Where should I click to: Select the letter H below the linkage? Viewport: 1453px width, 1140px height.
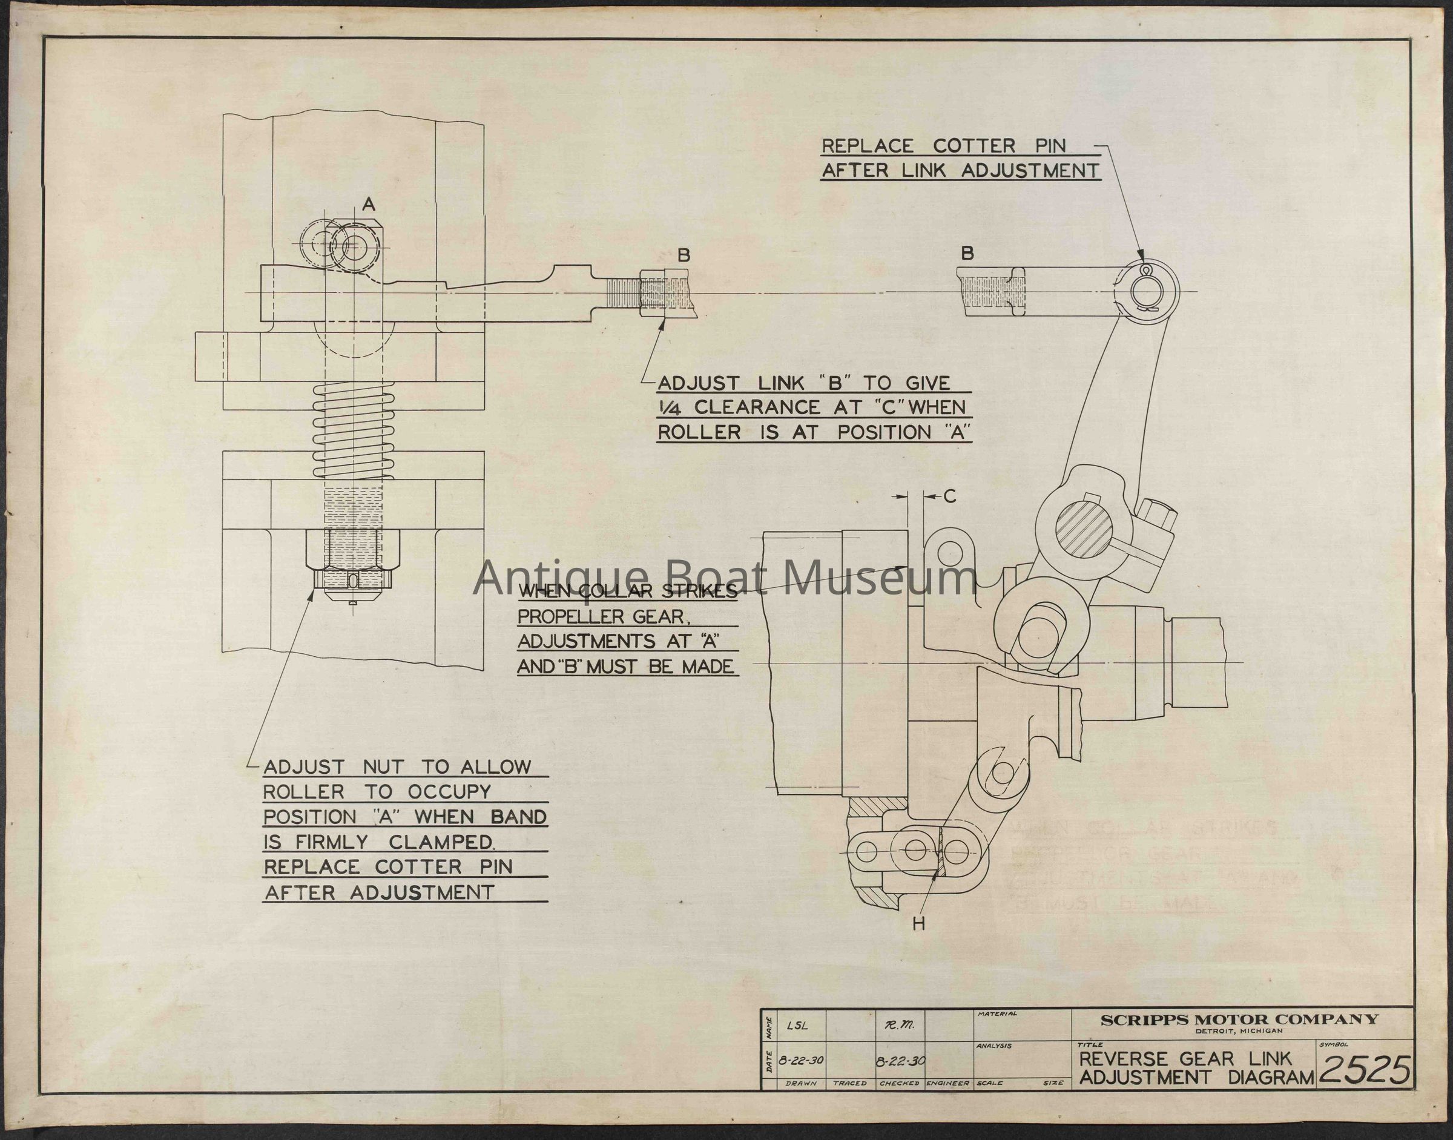[919, 924]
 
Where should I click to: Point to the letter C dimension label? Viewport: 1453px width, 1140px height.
[950, 496]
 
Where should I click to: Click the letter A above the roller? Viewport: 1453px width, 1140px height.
[369, 206]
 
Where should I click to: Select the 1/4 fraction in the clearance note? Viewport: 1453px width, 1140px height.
[671, 408]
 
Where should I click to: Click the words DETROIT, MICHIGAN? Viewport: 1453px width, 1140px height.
[1238, 1032]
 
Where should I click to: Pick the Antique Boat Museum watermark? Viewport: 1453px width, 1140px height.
[725, 578]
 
